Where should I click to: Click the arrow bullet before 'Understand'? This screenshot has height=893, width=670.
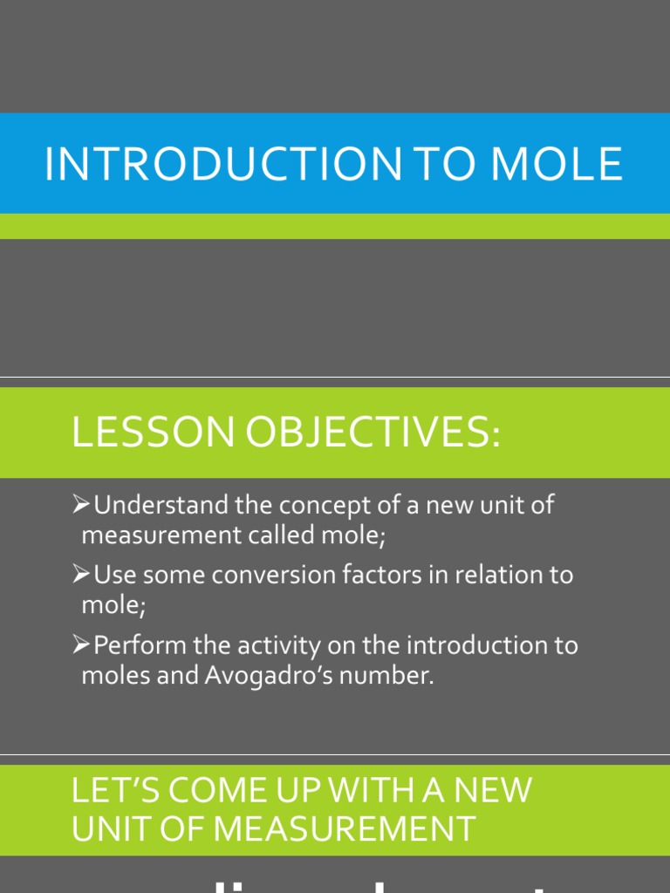(x=82, y=505)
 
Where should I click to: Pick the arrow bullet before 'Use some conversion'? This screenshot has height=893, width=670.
(x=82, y=575)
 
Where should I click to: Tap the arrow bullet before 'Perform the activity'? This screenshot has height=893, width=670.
(x=82, y=645)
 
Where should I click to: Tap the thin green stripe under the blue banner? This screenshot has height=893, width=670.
(x=335, y=226)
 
